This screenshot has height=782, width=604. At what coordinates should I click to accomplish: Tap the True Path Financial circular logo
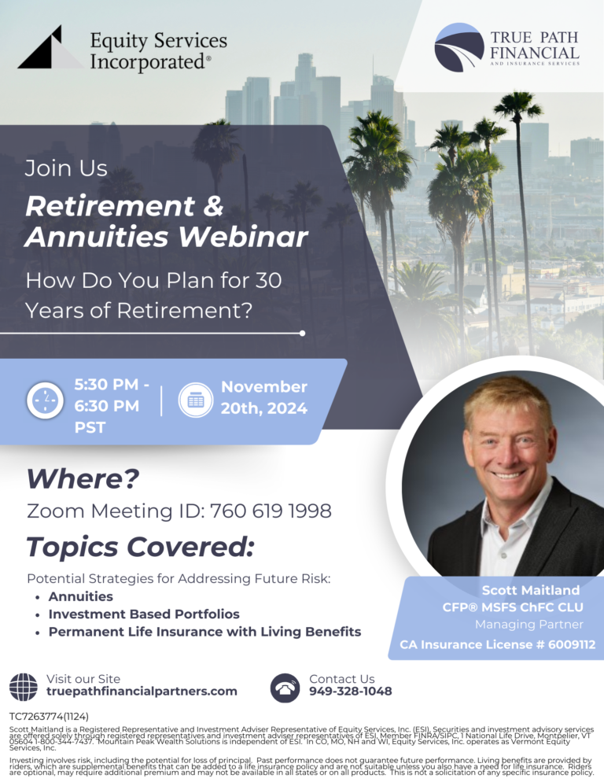[x=459, y=47]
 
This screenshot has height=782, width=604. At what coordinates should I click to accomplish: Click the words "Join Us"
[x=66, y=168]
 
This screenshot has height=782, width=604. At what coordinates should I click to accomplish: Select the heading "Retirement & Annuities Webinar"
[x=166, y=221]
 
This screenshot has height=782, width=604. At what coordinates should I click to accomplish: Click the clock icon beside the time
[x=45, y=401]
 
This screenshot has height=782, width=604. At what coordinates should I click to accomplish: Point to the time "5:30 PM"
[x=107, y=385]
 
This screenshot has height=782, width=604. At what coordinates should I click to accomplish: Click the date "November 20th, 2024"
[x=263, y=397]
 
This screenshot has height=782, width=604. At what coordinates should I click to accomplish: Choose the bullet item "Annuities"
[x=81, y=596]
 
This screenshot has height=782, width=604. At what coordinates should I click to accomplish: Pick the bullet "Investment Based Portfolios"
[x=144, y=614]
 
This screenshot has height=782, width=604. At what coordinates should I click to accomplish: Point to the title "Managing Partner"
[x=528, y=625]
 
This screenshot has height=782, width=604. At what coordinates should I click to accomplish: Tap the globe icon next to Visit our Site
[x=23, y=686]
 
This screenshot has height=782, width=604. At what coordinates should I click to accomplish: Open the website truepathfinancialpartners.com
[x=142, y=692]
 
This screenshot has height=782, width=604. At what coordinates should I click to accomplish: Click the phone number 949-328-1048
[x=351, y=692]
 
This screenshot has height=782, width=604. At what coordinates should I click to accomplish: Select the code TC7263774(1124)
[x=49, y=717]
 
